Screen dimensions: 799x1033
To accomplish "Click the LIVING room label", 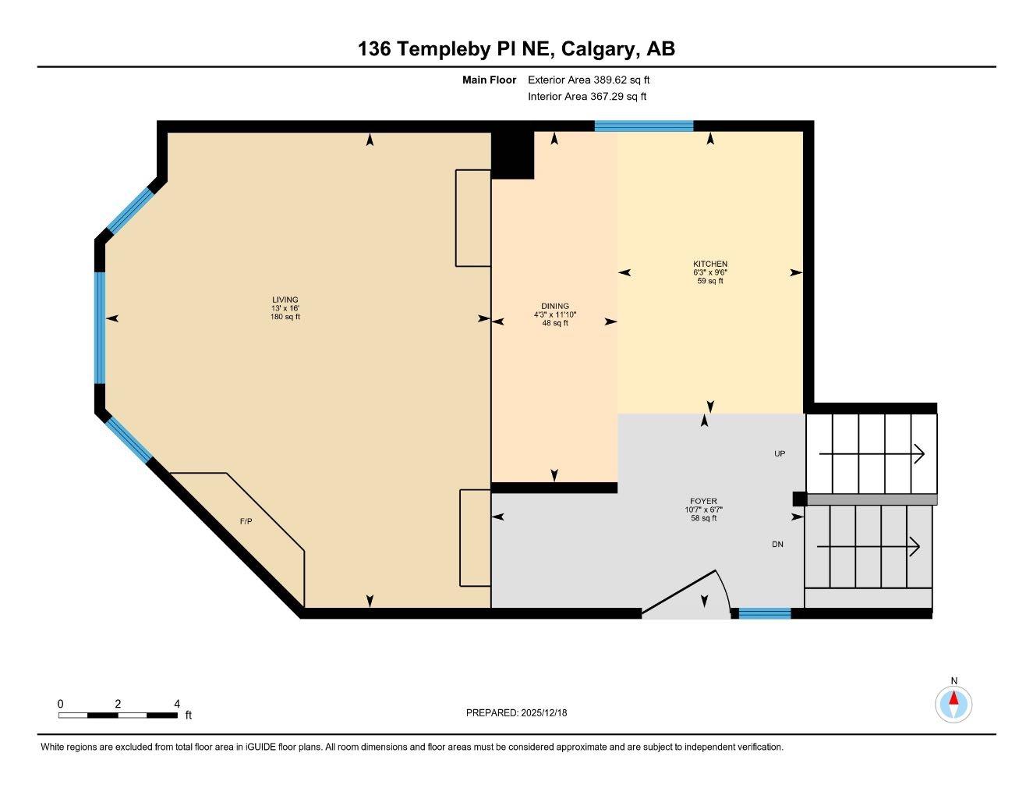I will click(x=285, y=300).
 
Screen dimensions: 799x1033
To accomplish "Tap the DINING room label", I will click(x=555, y=306).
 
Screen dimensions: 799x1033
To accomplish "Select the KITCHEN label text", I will click(x=710, y=264).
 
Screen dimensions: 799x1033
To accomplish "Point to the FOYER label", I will click(x=703, y=501).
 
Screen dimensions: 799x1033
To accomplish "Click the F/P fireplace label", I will click(x=245, y=521).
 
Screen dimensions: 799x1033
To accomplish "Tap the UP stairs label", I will click(x=780, y=453).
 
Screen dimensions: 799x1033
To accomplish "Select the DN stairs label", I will click(x=777, y=545).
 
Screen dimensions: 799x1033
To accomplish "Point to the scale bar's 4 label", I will click(x=178, y=704).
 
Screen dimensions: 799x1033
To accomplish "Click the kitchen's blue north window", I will click(x=644, y=126).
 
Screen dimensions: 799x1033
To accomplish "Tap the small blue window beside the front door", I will click(x=765, y=613).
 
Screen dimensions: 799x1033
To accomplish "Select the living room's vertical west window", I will click(x=100, y=328).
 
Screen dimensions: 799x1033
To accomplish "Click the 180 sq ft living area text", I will click(x=285, y=317).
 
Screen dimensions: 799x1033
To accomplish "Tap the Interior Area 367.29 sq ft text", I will click(x=587, y=97).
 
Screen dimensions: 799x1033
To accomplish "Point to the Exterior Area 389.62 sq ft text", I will click(x=589, y=80).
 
